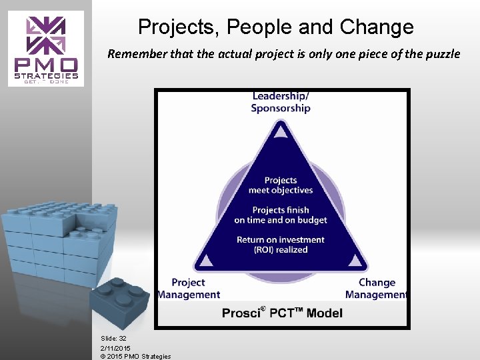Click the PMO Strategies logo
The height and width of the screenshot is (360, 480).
[x=46, y=48]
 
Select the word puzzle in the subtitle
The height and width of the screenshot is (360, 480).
[x=442, y=54]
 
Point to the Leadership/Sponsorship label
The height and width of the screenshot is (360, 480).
[x=281, y=102]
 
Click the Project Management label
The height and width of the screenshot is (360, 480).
[x=189, y=289]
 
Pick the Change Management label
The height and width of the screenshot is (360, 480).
[x=376, y=289]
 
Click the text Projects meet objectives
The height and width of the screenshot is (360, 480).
[x=281, y=185]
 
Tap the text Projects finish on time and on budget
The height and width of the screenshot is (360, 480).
[x=281, y=215]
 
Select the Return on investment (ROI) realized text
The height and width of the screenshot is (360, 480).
[x=281, y=245]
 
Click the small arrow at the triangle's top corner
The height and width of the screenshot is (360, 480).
[x=281, y=132]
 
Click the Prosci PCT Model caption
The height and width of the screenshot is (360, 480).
[x=282, y=313]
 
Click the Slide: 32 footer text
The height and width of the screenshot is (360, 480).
[x=114, y=339]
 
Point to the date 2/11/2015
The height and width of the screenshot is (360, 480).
[x=115, y=348]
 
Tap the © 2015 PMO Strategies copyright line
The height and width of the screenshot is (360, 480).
[x=135, y=356]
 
